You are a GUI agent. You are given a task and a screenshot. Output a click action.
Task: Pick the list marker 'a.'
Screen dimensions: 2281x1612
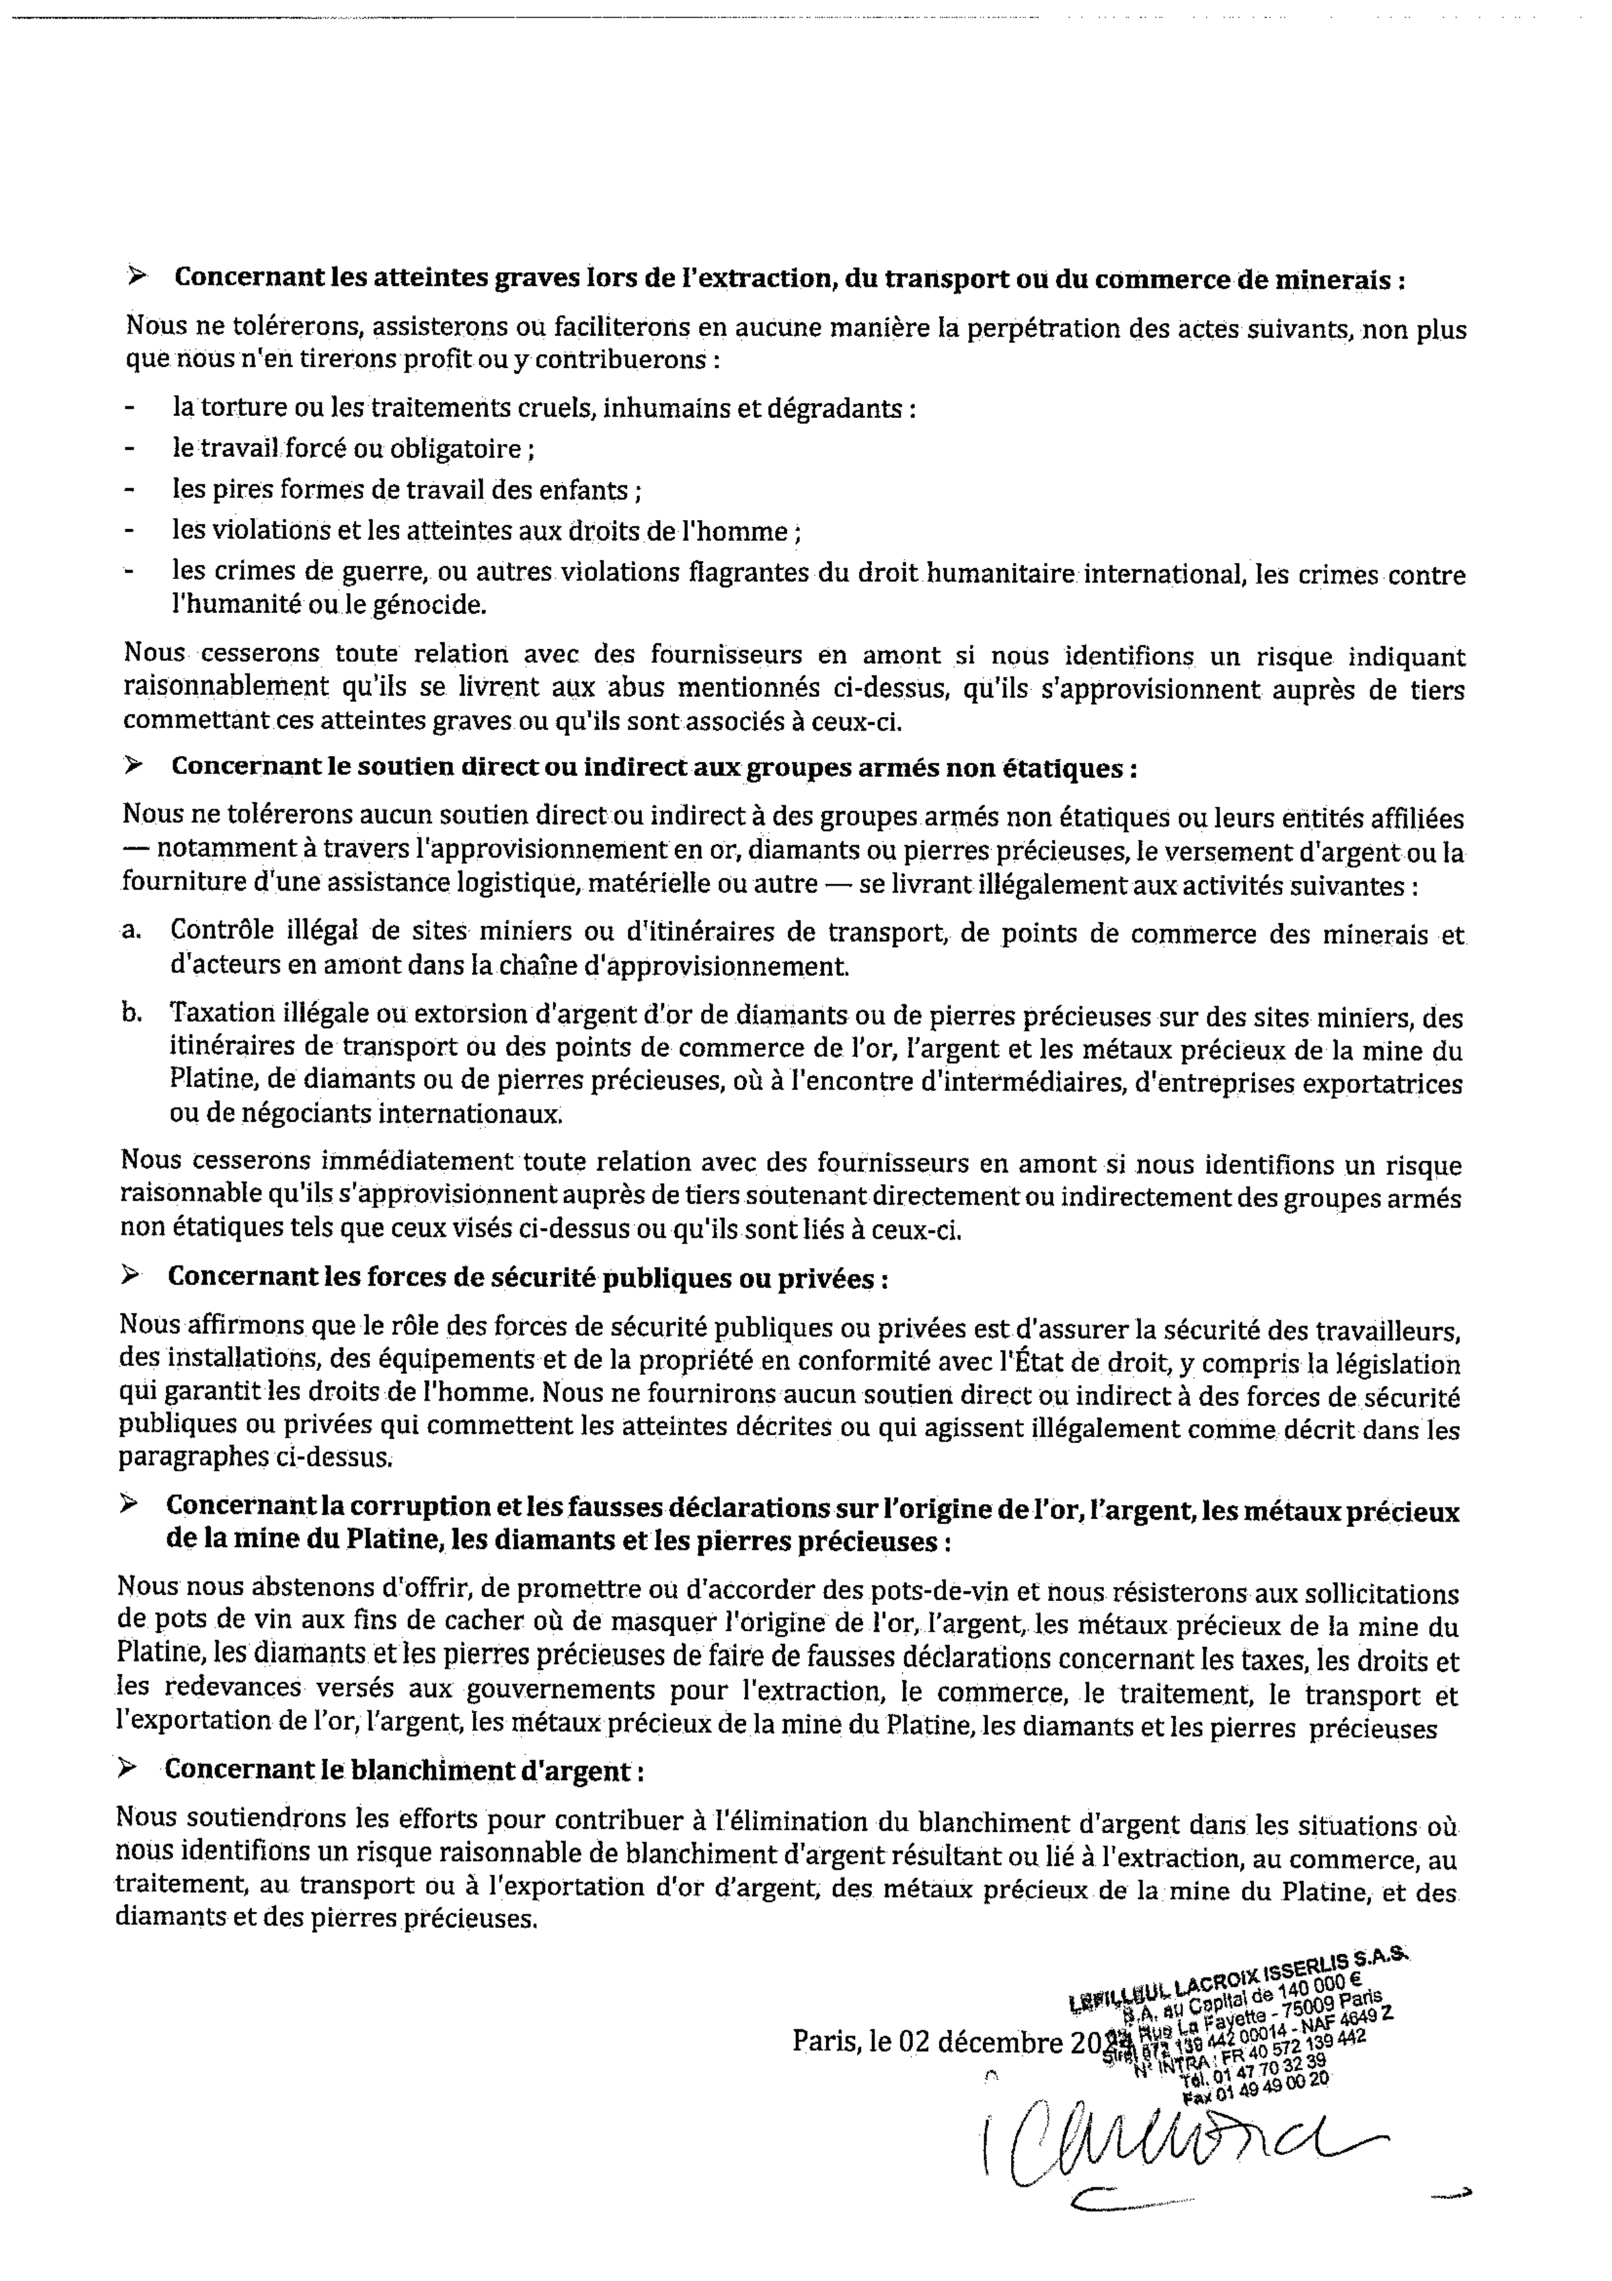[x=131, y=931]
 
